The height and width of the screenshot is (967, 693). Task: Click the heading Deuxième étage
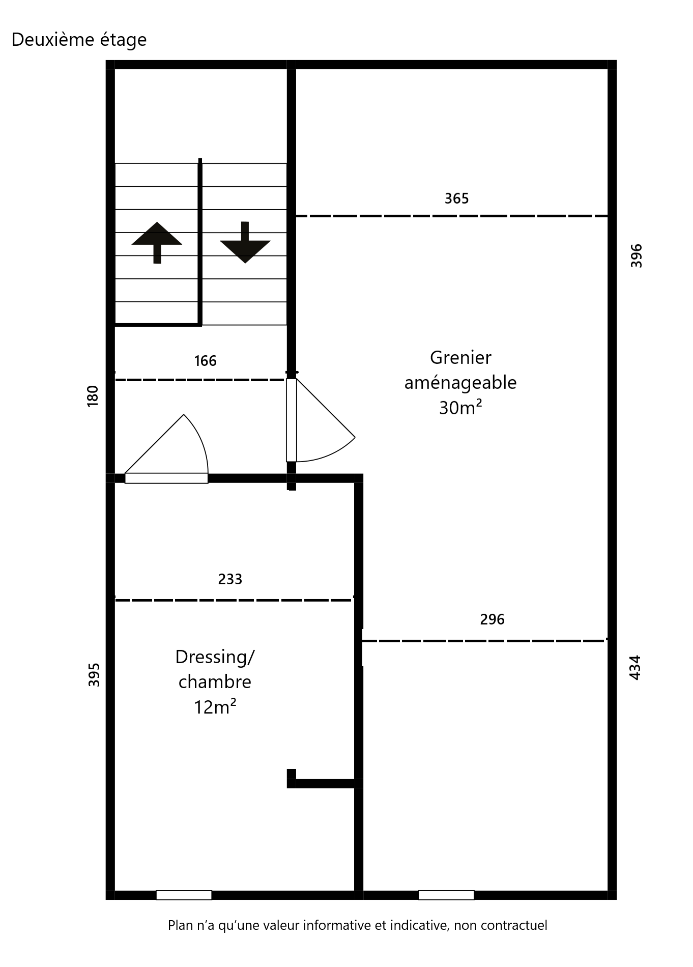point(79,40)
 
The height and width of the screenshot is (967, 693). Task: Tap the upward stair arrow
point(157,242)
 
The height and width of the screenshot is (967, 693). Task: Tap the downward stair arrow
point(245,242)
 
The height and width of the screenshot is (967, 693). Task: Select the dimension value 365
point(456,198)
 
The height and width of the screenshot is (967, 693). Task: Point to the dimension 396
point(637,256)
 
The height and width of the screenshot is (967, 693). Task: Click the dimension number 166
point(205,361)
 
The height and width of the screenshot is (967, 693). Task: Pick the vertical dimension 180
point(93,396)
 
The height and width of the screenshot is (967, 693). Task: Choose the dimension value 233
point(230,579)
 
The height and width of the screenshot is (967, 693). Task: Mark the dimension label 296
point(492,619)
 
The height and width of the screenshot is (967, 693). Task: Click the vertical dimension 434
point(636,667)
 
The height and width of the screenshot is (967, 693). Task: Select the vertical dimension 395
point(94,675)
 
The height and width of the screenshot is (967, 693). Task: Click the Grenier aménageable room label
point(460,370)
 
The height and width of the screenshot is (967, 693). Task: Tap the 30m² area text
point(460,408)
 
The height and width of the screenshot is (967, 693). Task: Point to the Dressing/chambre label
point(215,669)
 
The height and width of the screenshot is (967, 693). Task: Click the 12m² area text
point(215,707)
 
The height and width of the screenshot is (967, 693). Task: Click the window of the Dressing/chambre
point(184,895)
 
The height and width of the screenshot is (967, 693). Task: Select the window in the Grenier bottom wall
point(446,895)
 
